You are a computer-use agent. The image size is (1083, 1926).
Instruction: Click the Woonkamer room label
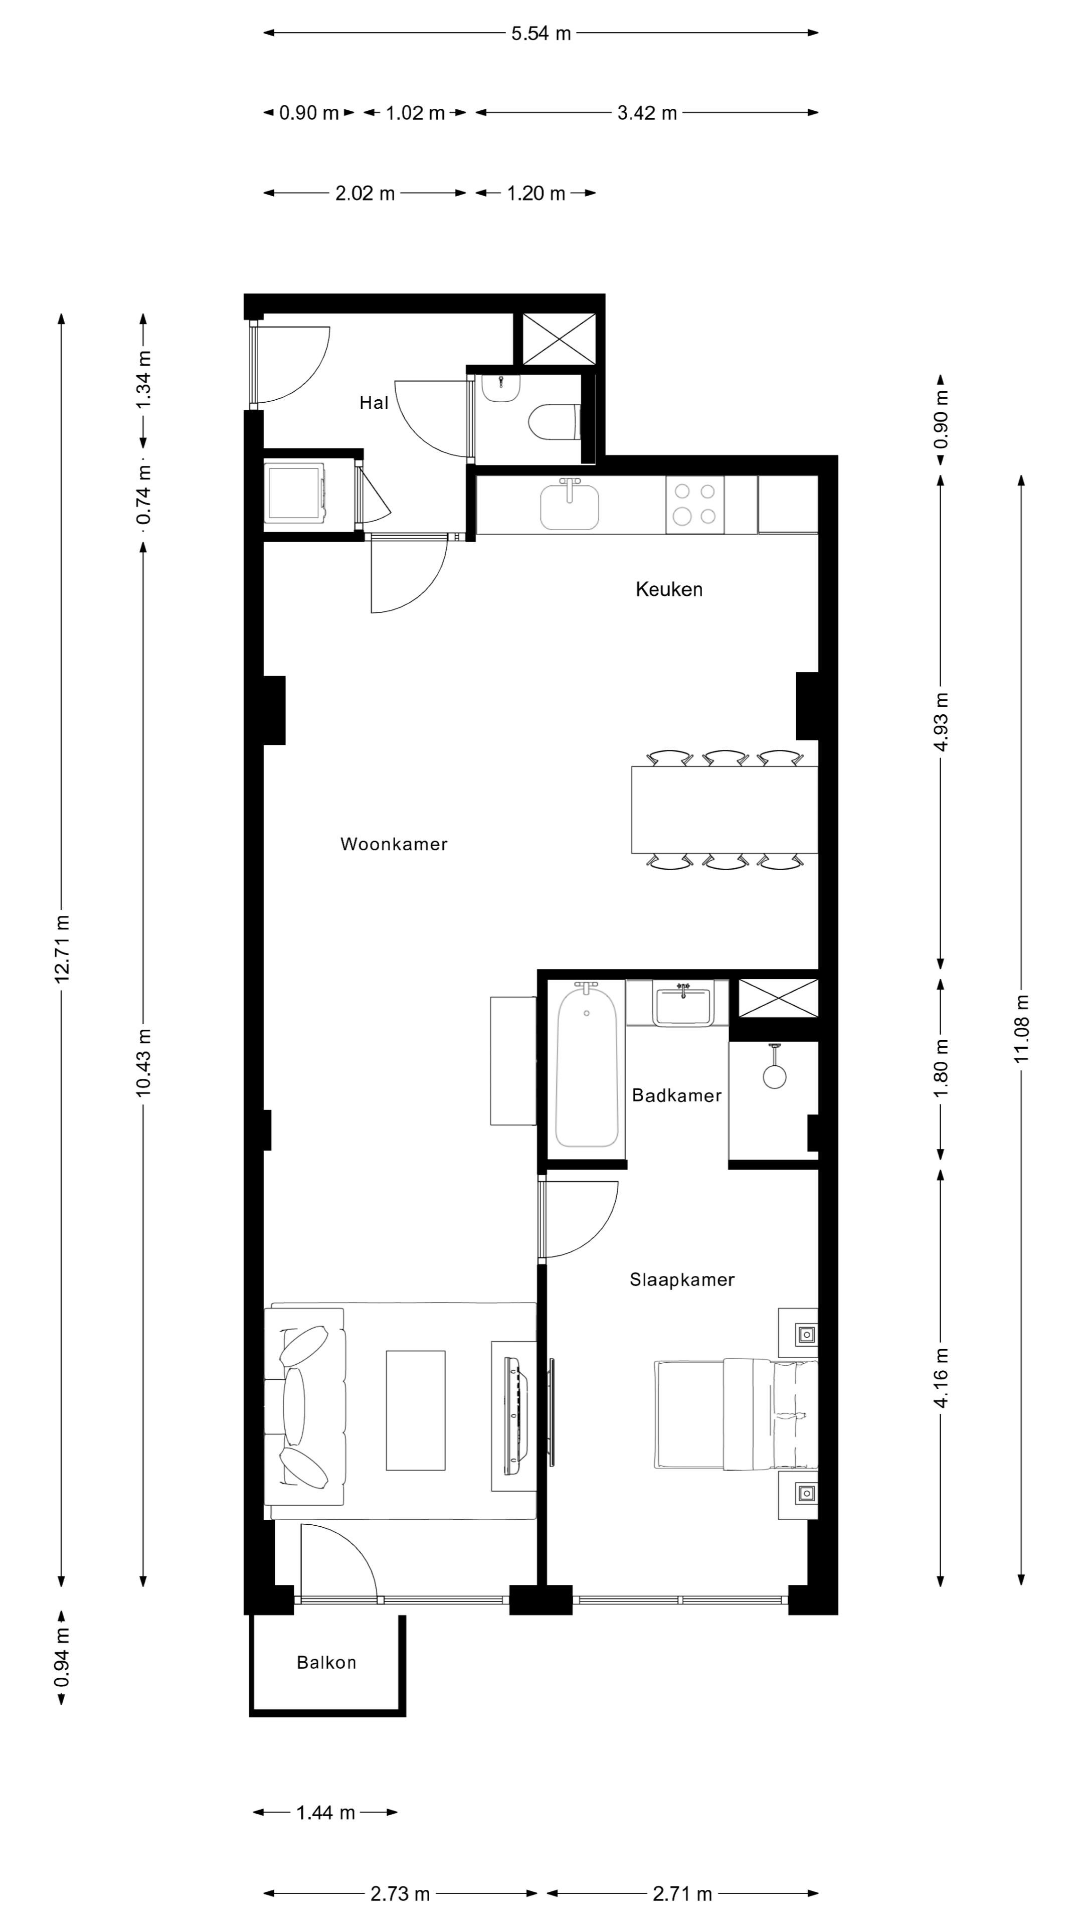tap(394, 844)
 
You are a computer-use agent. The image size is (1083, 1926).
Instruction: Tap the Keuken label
tap(668, 589)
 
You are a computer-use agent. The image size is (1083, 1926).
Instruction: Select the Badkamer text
tap(676, 1095)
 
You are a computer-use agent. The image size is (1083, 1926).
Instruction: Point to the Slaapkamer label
tap(682, 1280)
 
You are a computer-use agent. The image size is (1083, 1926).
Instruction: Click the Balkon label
tap(326, 1663)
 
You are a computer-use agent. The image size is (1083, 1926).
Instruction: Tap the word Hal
tap(374, 403)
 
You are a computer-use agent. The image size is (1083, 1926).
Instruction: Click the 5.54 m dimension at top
tap(540, 34)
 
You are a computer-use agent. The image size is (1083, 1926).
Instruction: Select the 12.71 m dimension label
tap(62, 948)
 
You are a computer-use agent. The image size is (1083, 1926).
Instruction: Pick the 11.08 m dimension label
tap(1022, 1029)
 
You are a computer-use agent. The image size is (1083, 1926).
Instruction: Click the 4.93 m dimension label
tap(941, 722)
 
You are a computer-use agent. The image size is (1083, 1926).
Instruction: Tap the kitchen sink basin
tap(570, 507)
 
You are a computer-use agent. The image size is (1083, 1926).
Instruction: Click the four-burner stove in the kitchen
tap(694, 504)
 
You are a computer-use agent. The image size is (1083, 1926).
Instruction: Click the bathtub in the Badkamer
tap(587, 1065)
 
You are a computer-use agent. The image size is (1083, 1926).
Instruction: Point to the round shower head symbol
tap(774, 1076)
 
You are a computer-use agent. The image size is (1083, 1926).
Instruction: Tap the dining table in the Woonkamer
tap(724, 810)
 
